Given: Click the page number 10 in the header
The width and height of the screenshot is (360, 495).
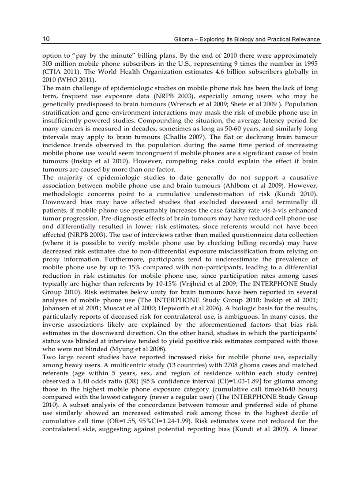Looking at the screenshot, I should tap(46, 39).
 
